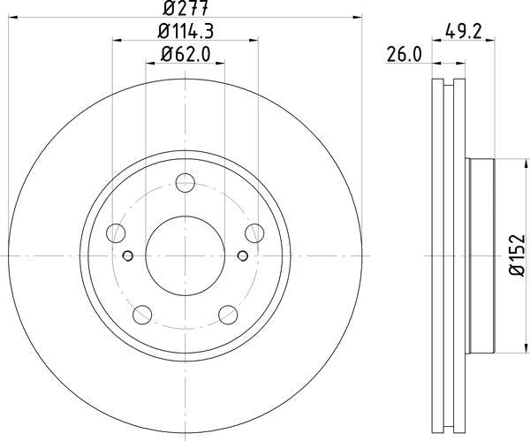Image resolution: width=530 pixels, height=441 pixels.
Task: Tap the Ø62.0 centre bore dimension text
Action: pos(185,54)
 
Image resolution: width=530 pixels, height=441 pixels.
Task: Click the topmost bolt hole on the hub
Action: pos(185,184)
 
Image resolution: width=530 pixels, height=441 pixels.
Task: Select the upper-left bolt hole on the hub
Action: pos(116,234)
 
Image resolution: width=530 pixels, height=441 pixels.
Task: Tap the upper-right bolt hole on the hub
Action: pos(254,234)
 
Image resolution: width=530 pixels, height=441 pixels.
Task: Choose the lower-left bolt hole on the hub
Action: pos(142,315)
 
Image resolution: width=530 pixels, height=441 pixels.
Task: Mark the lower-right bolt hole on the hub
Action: pos(227,315)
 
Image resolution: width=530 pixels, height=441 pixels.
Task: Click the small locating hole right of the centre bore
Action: pos(242,256)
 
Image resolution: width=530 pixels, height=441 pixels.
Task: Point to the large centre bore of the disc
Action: pos(185,256)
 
